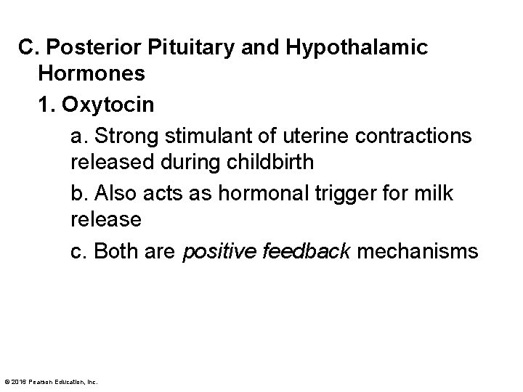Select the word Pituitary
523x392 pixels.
point(189,49)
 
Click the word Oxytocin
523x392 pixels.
point(108,105)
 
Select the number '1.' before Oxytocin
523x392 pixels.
point(48,105)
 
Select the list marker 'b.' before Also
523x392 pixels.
point(79,193)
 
